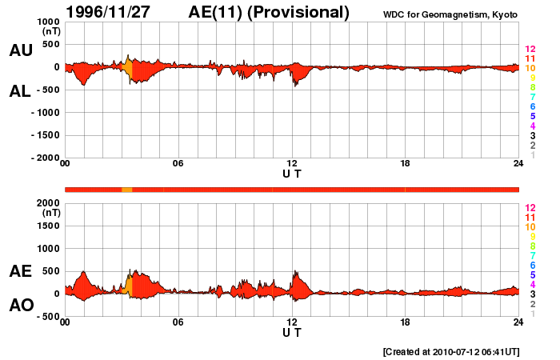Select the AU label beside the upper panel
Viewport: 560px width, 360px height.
tap(21, 50)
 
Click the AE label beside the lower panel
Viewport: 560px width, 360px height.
tap(21, 271)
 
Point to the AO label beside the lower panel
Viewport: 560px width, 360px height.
tap(21, 306)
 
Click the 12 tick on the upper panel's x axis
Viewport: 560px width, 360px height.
tap(292, 165)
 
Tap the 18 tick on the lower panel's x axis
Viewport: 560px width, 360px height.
tap(406, 322)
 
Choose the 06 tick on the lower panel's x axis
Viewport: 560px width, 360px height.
tap(178, 322)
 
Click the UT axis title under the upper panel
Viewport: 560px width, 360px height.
tap(292, 174)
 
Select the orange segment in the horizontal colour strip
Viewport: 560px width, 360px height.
tap(126, 190)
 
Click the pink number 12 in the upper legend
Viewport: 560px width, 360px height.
tap(530, 49)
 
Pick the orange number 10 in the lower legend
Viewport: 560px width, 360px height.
tap(530, 226)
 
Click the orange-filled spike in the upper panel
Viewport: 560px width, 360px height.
tap(128, 67)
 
